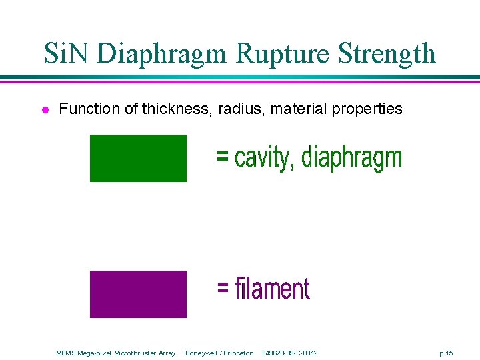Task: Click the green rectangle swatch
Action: pyautogui.click(x=138, y=158)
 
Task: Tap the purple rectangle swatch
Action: pyautogui.click(x=138, y=294)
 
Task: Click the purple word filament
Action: pyautogui.click(x=272, y=289)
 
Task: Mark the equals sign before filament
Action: pyautogui.click(x=223, y=289)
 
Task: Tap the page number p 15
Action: pyautogui.click(x=445, y=353)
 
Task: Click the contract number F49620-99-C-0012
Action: pyautogui.click(x=290, y=353)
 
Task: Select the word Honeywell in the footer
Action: pyautogui.click(x=201, y=353)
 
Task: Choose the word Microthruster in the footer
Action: pyautogui.click(x=137, y=353)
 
